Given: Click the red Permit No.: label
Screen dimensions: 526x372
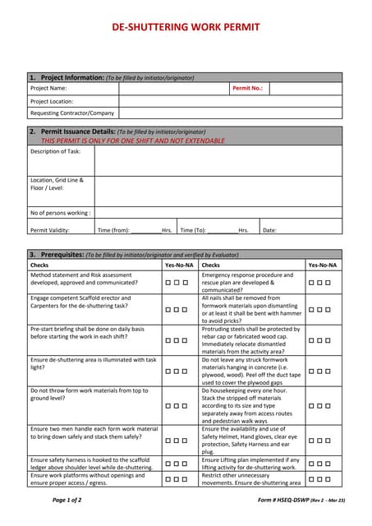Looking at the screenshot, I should (x=247, y=88).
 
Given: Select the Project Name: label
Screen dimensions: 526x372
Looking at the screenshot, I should (x=48, y=88).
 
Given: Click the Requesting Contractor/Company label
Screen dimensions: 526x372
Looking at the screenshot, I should (x=72, y=113).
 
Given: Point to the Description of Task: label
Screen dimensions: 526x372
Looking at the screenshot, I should (x=56, y=151).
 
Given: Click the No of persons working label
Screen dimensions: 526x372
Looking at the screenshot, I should (x=60, y=212).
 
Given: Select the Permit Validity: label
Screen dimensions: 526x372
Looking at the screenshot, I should (x=50, y=230).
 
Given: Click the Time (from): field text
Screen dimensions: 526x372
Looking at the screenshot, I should (x=114, y=230).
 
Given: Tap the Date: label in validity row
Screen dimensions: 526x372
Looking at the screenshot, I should (x=269, y=230).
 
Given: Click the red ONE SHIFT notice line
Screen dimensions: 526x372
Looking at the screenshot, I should (x=126, y=141).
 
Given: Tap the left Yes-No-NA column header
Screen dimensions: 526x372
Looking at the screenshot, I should (x=179, y=265).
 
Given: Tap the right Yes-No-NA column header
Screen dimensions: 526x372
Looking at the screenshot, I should (x=322, y=265).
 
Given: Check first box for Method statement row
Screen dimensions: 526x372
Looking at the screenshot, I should (x=168, y=283).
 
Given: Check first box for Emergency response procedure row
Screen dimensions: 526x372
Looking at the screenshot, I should (x=312, y=283).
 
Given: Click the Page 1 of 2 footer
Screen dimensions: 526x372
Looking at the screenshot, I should (x=67, y=500).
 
